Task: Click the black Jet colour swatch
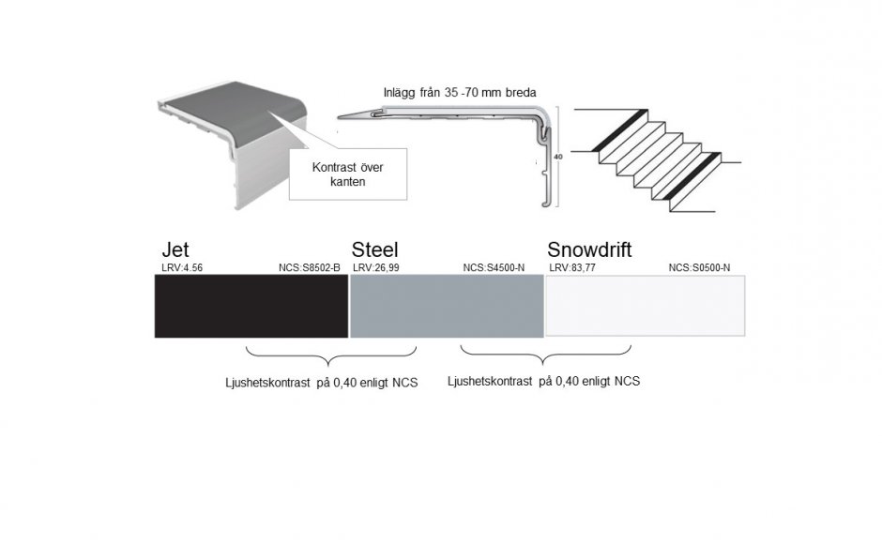click(251, 306)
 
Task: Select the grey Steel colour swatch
click(447, 306)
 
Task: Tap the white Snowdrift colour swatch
click(646, 306)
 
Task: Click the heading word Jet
click(175, 249)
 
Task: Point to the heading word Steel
click(374, 249)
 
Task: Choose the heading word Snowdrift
click(589, 249)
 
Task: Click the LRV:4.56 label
click(182, 268)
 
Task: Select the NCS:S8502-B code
click(310, 268)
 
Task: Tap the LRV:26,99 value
click(375, 268)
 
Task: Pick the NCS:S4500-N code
click(494, 268)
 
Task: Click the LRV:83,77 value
click(572, 268)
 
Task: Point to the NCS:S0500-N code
click(699, 268)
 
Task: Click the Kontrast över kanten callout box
click(348, 174)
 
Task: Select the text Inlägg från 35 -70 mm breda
click(460, 92)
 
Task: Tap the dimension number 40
click(558, 157)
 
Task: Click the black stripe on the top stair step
click(618, 130)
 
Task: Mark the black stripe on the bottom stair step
click(692, 175)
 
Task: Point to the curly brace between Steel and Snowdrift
click(545, 355)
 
